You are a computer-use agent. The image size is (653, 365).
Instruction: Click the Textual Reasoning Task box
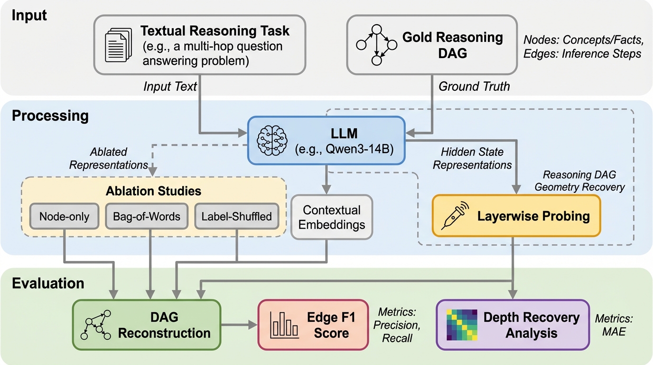coord(199,45)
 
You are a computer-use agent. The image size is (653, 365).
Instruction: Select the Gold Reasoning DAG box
coord(431,45)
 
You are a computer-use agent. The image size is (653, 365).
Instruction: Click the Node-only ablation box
coord(64,216)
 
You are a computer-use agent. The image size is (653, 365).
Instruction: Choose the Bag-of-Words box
coord(147,216)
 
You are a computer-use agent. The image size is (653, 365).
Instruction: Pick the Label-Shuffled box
coord(236,216)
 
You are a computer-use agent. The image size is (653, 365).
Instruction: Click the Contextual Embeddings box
coord(332,217)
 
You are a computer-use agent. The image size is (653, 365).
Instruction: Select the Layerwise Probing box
coord(516,216)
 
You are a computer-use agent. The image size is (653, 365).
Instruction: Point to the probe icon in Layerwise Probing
coord(454,216)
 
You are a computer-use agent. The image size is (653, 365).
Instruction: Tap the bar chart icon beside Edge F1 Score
coord(284,325)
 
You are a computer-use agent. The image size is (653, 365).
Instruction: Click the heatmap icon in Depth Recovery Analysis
coord(459,325)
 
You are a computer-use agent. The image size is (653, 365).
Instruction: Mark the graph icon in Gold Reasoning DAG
coord(376,45)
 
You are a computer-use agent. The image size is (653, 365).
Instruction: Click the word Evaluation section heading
coord(48,283)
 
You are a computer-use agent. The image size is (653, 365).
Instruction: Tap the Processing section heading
coord(50,115)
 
